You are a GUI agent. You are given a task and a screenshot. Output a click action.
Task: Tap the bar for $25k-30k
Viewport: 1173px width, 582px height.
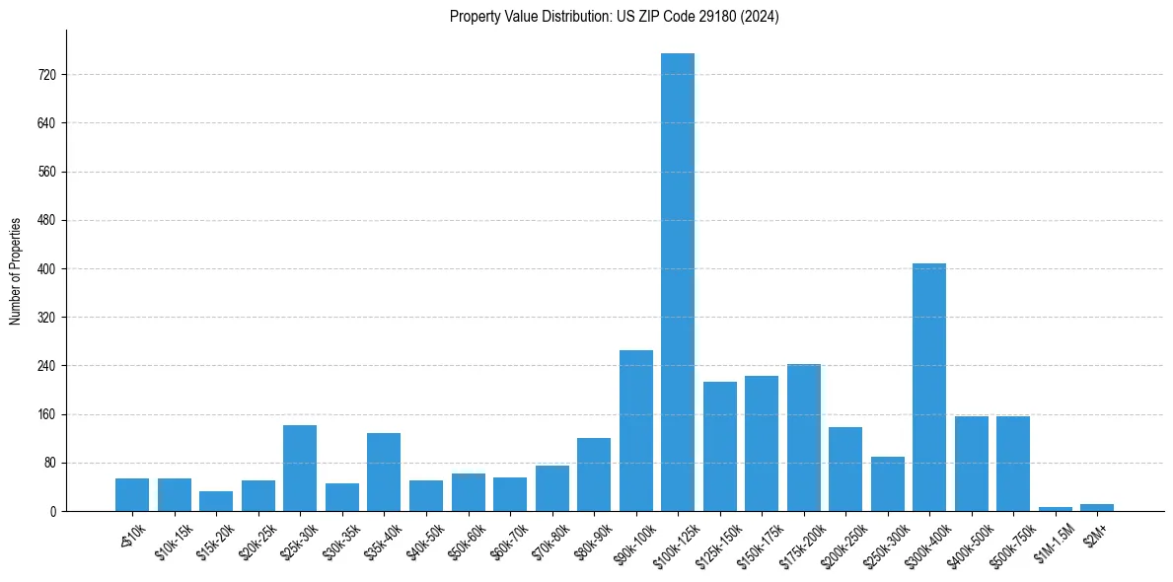(x=300, y=468)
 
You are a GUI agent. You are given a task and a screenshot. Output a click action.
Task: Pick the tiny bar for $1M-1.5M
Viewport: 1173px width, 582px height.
(x=1055, y=508)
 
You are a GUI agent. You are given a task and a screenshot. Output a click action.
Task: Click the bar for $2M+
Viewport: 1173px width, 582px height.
(x=1097, y=507)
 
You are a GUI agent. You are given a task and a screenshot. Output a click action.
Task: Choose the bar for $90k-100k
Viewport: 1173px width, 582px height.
(x=636, y=430)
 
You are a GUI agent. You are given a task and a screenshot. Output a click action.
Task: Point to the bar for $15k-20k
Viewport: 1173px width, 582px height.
(x=216, y=501)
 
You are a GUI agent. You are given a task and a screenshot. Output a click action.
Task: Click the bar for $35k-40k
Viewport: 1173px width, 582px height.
(x=384, y=472)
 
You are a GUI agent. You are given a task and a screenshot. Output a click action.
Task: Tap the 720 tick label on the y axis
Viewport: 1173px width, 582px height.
(x=46, y=75)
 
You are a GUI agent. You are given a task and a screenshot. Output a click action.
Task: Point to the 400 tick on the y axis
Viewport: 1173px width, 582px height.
(x=46, y=269)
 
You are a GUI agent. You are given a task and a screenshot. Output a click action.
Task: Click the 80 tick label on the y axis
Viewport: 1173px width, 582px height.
(x=49, y=463)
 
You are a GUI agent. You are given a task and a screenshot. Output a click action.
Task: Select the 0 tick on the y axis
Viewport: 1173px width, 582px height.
(x=53, y=511)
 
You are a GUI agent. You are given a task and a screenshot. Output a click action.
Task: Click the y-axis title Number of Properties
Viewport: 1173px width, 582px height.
(x=16, y=270)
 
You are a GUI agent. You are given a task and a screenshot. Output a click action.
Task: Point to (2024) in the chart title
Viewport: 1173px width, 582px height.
(x=760, y=17)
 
